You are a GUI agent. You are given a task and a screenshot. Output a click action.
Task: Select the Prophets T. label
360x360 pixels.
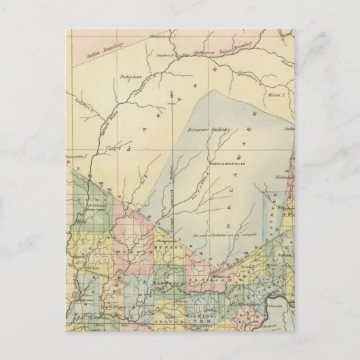pos(166,56)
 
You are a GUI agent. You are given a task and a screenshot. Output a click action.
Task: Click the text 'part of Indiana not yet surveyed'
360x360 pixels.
pos(221,235)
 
